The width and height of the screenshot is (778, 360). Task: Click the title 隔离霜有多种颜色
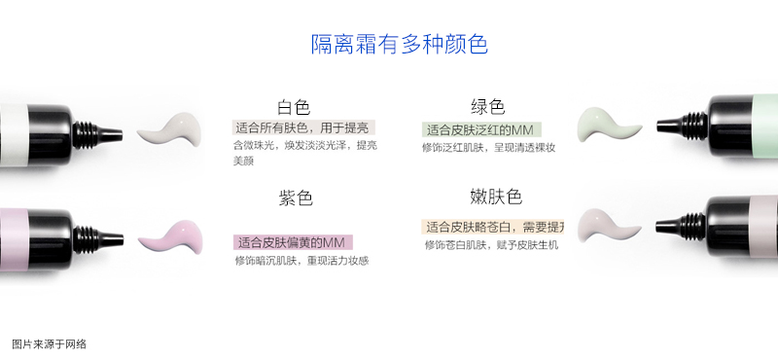click(399, 44)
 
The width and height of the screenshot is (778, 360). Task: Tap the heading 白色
click(293, 107)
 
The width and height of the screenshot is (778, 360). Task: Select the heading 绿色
click(487, 107)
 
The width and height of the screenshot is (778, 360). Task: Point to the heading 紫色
click(295, 198)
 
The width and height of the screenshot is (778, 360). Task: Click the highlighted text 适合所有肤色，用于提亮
click(303, 127)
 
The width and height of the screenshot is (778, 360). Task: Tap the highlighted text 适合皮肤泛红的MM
click(481, 129)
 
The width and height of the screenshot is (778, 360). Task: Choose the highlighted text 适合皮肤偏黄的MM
click(293, 241)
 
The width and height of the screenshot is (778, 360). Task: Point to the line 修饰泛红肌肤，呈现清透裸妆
click(488, 148)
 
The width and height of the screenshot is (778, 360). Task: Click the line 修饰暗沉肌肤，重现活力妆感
click(301, 261)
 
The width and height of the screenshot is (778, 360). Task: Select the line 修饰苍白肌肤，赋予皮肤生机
click(490, 244)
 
